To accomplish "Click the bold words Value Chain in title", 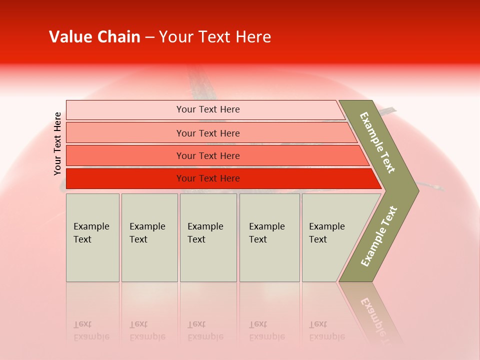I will pos(94,37).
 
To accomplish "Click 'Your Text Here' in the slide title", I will pos(215,37).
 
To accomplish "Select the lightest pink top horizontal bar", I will pos(125,110).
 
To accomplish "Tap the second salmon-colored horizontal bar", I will pos(125,133).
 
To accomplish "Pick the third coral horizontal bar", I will pos(125,155).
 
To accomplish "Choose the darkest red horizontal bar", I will pos(125,178).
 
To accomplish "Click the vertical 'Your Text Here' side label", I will pos(57,144).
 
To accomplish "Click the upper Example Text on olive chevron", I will pos(377,142).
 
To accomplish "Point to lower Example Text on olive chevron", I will pos(379,236).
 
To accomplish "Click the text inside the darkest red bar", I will pos(208,178).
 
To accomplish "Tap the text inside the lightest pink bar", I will pos(208,109).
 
